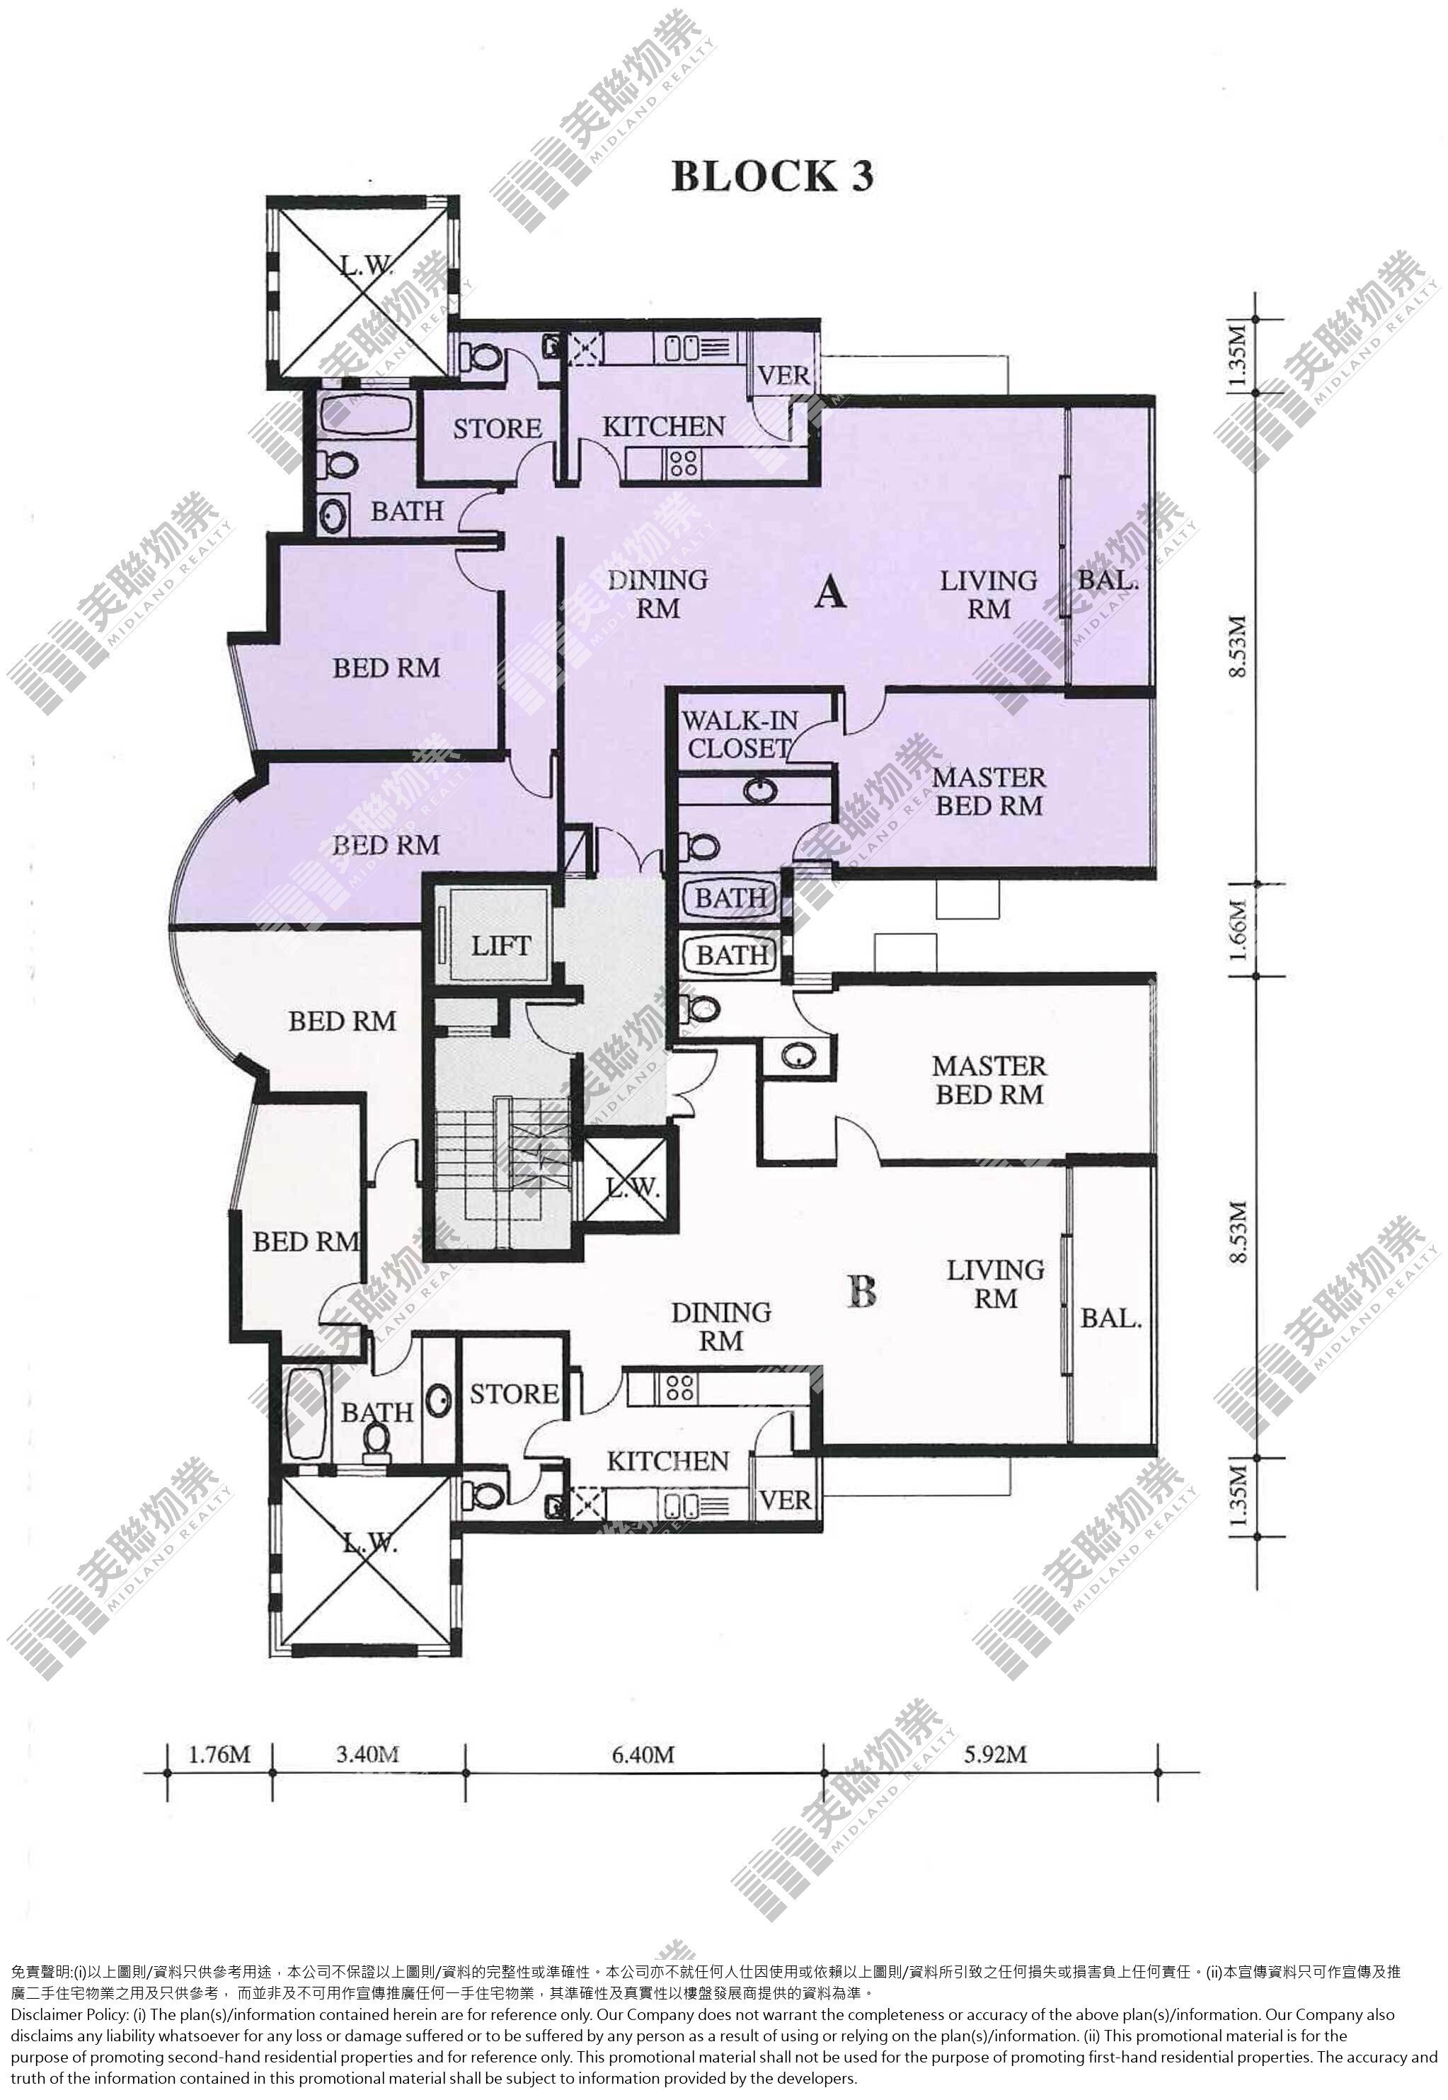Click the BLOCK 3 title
tap(772, 176)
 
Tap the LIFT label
tap(500, 946)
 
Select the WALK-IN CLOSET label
tap(740, 734)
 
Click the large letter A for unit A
tap(830, 593)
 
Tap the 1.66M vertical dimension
tap(1239, 930)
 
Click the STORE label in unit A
tap(498, 428)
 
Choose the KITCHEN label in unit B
tap(668, 1462)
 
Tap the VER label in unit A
tap(784, 376)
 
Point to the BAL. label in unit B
tap(1110, 1318)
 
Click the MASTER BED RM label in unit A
tap(989, 791)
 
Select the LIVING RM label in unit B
tap(995, 1284)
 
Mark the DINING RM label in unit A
tap(657, 593)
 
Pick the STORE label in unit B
tap(514, 1394)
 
